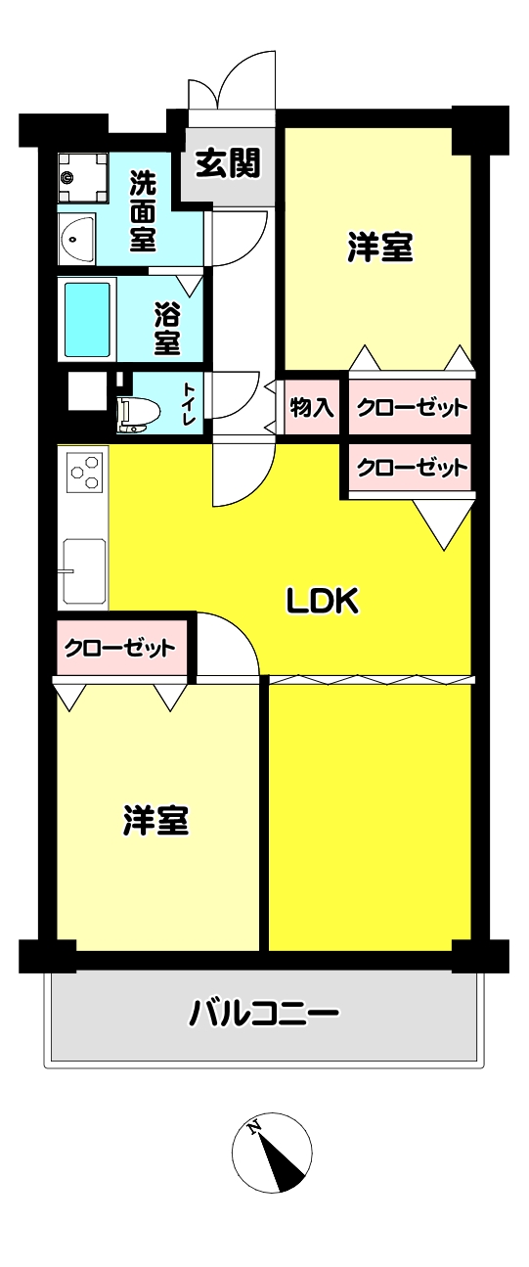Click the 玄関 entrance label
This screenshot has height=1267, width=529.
point(229,163)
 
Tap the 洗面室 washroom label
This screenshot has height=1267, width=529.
point(143,210)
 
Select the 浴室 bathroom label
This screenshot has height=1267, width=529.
point(168,329)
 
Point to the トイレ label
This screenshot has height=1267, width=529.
point(189,403)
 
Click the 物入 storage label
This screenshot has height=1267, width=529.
point(312,407)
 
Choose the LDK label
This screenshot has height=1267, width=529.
point(323,601)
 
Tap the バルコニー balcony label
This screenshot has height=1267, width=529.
point(264,1013)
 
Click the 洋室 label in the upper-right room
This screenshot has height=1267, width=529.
point(380,248)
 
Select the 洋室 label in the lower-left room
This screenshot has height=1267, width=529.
point(156,820)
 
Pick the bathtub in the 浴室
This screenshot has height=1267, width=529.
point(87,320)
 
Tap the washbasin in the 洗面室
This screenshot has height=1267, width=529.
point(77,240)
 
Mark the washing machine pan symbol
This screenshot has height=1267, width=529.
point(83,178)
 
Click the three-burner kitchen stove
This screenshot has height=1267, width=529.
point(86,473)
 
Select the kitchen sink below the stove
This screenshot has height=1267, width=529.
point(84,571)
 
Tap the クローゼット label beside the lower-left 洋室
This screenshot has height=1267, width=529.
point(120,648)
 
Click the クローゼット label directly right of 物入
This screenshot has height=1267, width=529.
point(413,407)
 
